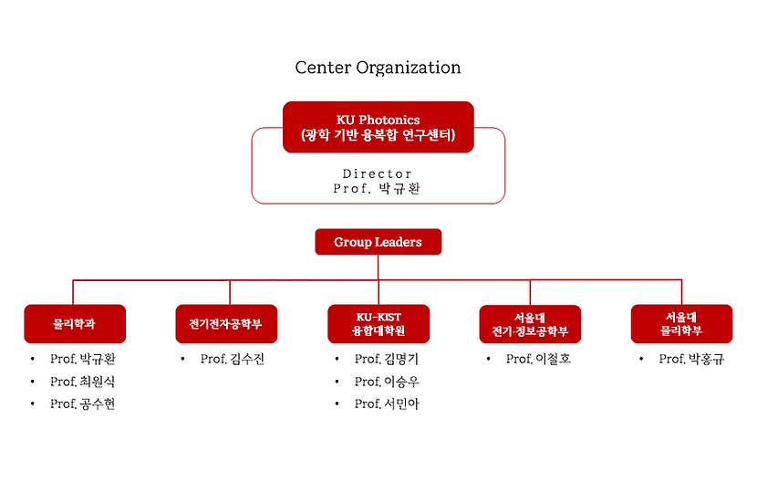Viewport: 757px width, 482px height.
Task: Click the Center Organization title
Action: (x=378, y=68)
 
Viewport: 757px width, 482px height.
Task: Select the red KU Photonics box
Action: (x=378, y=127)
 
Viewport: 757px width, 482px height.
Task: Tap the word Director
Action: (x=378, y=173)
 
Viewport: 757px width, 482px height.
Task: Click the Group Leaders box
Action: (x=378, y=242)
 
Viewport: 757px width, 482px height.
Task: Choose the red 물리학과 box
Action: (x=73, y=323)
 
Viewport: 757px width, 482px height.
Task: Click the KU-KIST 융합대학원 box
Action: (x=378, y=323)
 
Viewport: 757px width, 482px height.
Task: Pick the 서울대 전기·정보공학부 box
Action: (x=529, y=323)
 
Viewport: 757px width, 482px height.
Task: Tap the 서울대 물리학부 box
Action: (x=681, y=323)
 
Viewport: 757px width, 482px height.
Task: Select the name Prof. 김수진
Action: (x=233, y=359)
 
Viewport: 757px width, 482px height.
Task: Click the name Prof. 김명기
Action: (x=387, y=359)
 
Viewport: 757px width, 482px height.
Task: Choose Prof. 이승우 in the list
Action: (x=387, y=382)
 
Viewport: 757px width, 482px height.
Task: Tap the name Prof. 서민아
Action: (x=387, y=404)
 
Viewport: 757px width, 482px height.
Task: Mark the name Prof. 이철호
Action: (x=538, y=359)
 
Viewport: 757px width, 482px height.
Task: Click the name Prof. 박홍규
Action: (x=691, y=359)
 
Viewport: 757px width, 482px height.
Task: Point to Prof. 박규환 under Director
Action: (x=378, y=189)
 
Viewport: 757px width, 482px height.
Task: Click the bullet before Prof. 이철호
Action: (x=488, y=360)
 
